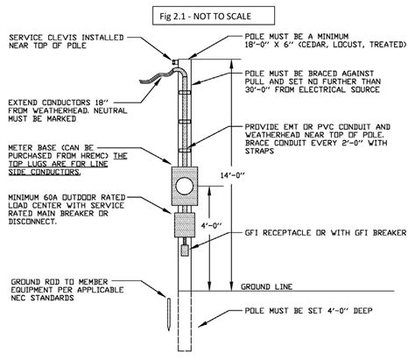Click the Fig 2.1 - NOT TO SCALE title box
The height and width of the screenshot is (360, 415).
point(214,16)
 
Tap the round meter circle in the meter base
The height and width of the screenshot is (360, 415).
point(185,186)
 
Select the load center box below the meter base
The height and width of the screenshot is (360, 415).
point(185,225)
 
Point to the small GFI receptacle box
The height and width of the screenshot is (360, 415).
point(185,251)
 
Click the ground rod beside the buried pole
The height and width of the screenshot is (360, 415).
point(169,314)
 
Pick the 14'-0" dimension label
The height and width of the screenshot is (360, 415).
point(232,175)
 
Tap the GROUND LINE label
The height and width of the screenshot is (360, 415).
point(266,286)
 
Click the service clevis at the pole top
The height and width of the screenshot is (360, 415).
point(175,62)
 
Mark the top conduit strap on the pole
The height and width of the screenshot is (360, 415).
point(185,92)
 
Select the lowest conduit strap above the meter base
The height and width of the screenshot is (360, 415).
point(185,150)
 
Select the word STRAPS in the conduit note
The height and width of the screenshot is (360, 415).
point(259,152)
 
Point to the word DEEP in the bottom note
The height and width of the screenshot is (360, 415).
point(362,310)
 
